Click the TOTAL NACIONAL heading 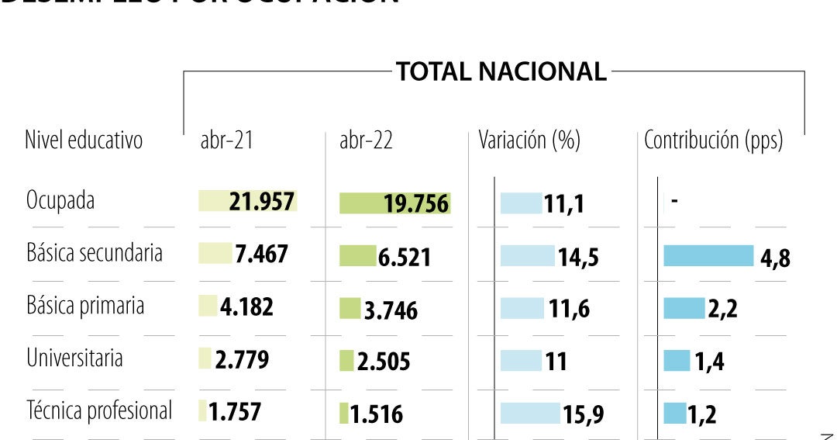[x=501, y=71]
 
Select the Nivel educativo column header [x=84, y=140]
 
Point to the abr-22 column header [x=366, y=140]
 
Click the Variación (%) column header [x=529, y=140]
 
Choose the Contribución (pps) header [x=714, y=140]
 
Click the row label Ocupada [x=60, y=200]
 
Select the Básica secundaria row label [x=95, y=253]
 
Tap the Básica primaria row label [x=85, y=306]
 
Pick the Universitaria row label [x=74, y=359]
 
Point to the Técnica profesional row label [x=99, y=411]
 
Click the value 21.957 [x=261, y=202]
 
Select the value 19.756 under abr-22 [x=416, y=204]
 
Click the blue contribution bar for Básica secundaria [x=708, y=256]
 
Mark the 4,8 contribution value [x=775, y=258]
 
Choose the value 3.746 [x=391, y=310]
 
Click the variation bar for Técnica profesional [x=529, y=414]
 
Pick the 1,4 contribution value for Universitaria [x=709, y=362]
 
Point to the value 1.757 [x=235, y=411]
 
